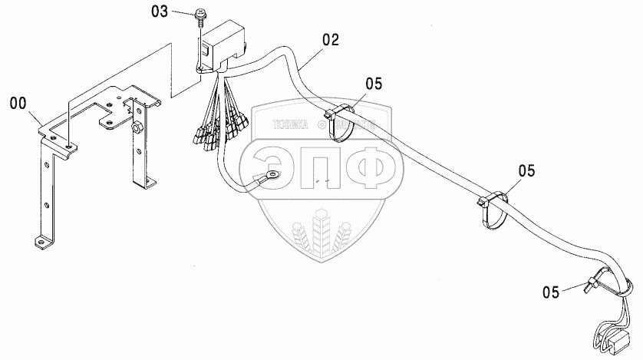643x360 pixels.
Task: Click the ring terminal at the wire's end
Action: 268,178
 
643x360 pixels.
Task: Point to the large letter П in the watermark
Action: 321,164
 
